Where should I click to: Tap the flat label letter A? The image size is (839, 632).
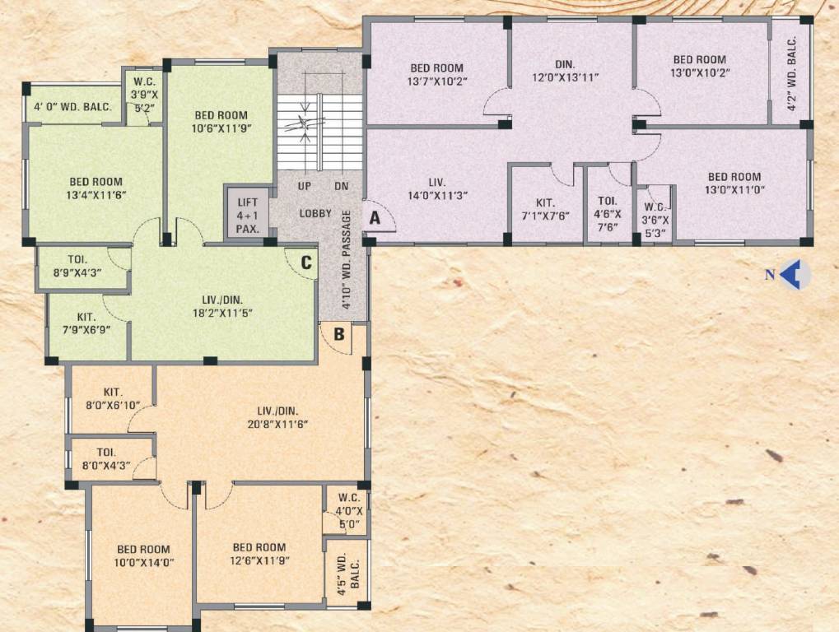[375, 218]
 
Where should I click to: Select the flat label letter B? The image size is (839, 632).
[338, 333]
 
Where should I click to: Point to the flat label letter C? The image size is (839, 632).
[305, 263]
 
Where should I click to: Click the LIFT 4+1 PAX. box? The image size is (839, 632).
[246, 215]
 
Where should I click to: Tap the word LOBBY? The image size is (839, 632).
[315, 213]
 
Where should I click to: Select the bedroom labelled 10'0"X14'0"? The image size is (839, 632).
[143, 556]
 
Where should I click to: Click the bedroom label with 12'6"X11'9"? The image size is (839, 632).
[259, 554]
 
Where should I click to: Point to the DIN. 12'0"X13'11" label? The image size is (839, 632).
[565, 70]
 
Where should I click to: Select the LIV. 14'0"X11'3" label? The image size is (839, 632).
[436, 188]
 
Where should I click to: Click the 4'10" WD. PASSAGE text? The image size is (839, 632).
[347, 259]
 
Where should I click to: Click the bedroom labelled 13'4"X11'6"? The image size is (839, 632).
[96, 188]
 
